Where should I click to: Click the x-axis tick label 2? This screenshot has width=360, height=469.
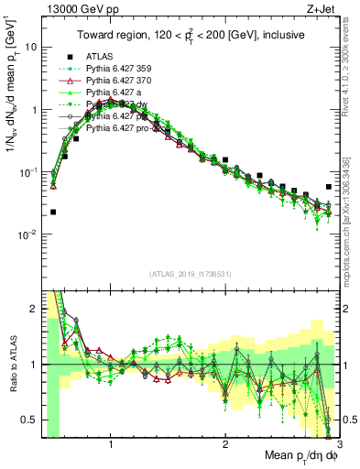(225, 437)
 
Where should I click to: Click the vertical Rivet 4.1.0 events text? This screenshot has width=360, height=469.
(353, 64)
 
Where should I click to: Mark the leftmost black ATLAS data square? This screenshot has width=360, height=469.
(53, 212)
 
